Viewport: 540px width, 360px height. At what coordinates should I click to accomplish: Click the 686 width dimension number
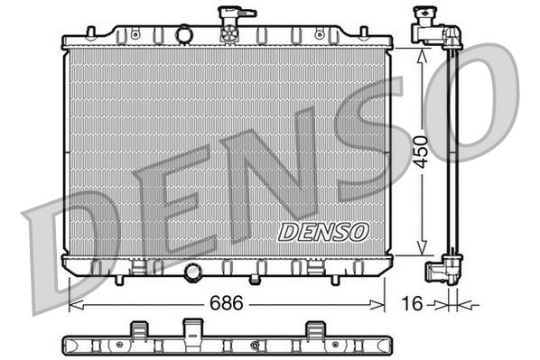(227, 304)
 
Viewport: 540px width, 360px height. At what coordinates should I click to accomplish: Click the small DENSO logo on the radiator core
(323, 232)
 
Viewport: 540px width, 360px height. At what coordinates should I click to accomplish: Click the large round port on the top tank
(185, 34)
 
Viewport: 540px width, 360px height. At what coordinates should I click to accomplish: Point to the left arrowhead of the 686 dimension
(75, 305)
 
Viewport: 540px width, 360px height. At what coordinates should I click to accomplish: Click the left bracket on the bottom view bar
(138, 329)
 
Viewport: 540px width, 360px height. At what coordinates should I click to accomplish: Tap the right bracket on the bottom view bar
(315, 329)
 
